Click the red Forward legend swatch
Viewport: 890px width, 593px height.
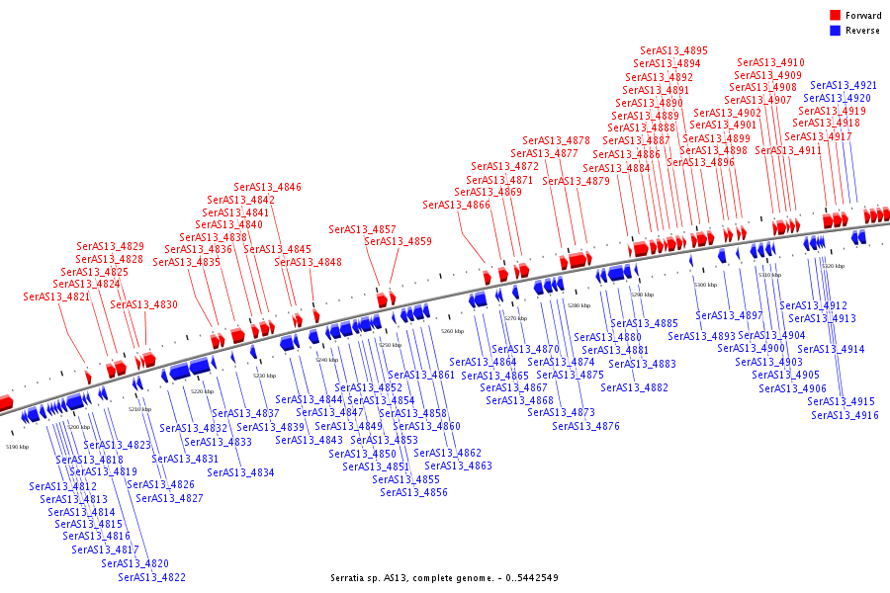pyautogui.click(x=836, y=16)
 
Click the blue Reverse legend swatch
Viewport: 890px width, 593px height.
pyautogui.click(x=836, y=31)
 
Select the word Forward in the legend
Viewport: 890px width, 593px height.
pyautogui.click(x=863, y=16)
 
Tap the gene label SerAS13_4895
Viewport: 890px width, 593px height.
pyautogui.click(x=673, y=50)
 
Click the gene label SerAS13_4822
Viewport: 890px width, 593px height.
pyautogui.click(x=151, y=577)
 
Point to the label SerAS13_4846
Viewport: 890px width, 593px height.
pyautogui.click(x=267, y=187)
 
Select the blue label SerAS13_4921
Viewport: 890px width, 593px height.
pyautogui.click(x=844, y=86)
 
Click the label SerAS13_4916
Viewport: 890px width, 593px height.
pyautogui.click(x=845, y=415)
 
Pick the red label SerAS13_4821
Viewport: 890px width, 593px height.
pyautogui.click(x=56, y=296)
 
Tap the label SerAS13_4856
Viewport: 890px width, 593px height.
pyautogui.click(x=413, y=492)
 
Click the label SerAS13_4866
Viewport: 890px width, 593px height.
pyautogui.click(x=456, y=205)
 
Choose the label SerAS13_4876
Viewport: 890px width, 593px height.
pyautogui.click(x=585, y=426)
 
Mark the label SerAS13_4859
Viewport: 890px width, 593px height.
pyautogui.click(x=398, y=241)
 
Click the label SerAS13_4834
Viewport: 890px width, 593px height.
pyautogui.click(x=240, y=472)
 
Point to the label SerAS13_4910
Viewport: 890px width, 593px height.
pyautogui.click(x=770, y=62)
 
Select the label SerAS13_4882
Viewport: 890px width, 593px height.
pyautogui.click(x=634, y=387)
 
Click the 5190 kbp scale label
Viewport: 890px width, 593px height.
pyautogui.click(x=18, y=448)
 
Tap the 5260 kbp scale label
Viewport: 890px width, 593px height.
pyautogui.click(x=452, y=332)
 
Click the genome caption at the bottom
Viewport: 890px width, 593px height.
pyautogui.click(x=444, y=577)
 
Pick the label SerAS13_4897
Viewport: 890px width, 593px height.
pyautogui.click(x=729, y=315)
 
